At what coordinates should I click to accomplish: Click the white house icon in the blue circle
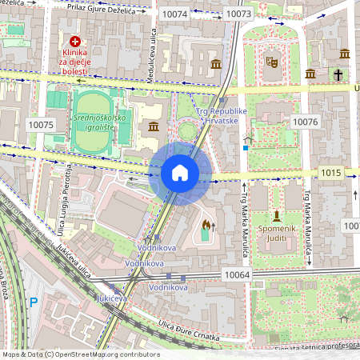coord(180,173)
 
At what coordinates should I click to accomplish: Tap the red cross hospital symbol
coord(75,41)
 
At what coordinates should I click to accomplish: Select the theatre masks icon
coord(272,59)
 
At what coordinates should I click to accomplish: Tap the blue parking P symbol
coord(33,302)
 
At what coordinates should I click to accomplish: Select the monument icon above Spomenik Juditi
coord(276,216)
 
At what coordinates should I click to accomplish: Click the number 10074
coord(174,14)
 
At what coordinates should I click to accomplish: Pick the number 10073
coord(238,14)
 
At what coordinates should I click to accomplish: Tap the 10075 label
coord(40,125)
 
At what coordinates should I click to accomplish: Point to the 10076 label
coord(306,122)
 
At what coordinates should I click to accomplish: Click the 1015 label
coord(331,173)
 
